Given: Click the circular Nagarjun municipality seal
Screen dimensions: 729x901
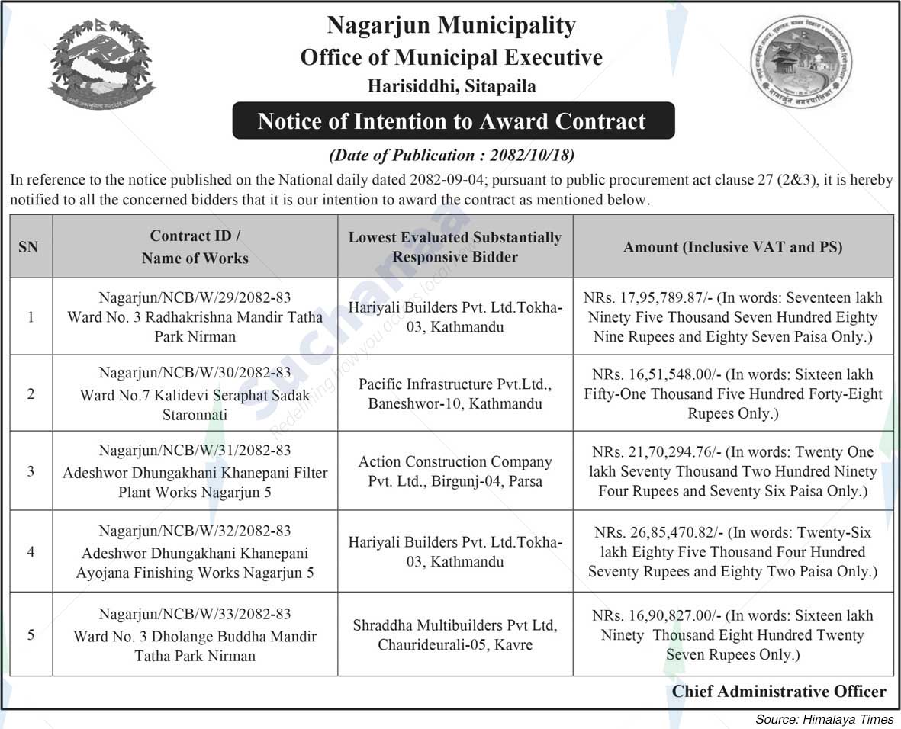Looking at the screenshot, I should click(x=800, y=63).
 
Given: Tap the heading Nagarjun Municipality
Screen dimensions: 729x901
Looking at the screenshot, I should click(x=451, y=26).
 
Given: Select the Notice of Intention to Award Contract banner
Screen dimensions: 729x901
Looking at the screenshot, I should click(x=452, y=121).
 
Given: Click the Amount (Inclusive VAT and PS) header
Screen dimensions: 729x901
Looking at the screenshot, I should click(x=732, y=247).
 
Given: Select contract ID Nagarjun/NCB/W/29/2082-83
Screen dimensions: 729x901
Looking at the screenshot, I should click(x=195, y=297).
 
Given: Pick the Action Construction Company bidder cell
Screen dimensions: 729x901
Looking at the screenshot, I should click(x=455, y=471).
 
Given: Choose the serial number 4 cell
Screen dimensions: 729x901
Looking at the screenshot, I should click(x=31, y=551).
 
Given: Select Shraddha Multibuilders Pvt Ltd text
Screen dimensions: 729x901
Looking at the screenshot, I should click(x=455, y=625).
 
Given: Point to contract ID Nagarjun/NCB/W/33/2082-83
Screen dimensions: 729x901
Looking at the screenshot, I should click(x=195, y=614).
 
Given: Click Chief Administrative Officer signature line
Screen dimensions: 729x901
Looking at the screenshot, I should click(x=779, y=692).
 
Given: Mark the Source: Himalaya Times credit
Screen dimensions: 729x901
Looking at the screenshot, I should click(x=824, y=719).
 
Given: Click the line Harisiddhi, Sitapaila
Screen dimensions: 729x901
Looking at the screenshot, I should click(x=452, y=86).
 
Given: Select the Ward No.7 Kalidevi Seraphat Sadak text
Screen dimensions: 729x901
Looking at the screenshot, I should click(x=195, y=396).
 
